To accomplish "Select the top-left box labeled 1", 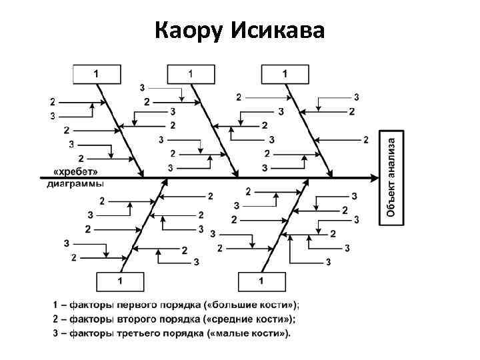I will (96, 73).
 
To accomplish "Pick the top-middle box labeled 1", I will (191, 73).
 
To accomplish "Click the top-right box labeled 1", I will (285, 73).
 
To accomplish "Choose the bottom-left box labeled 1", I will (120, 281).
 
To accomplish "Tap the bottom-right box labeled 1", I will (261, 281).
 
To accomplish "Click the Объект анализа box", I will (392, 177).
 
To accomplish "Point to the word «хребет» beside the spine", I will (71, 171).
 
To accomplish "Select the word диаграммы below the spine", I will (75, 183).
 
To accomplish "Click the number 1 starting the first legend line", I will (55, 305).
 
